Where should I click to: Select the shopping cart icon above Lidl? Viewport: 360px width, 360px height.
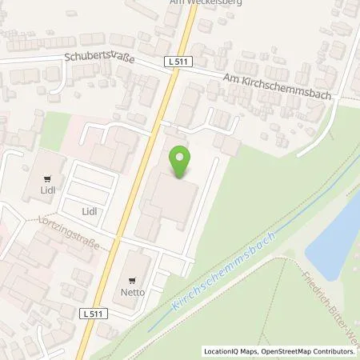(50, 180)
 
